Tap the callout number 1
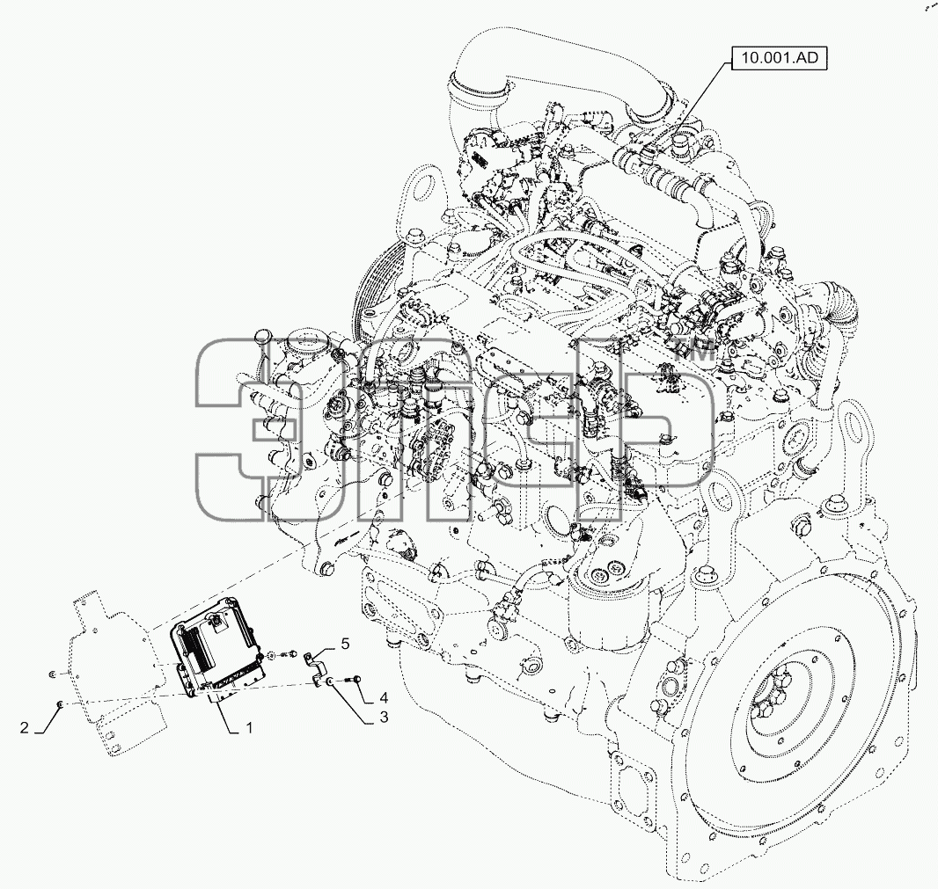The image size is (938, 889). [249, 727]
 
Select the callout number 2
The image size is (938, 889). [24, 727]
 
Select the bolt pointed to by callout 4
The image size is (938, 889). [354, 679]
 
